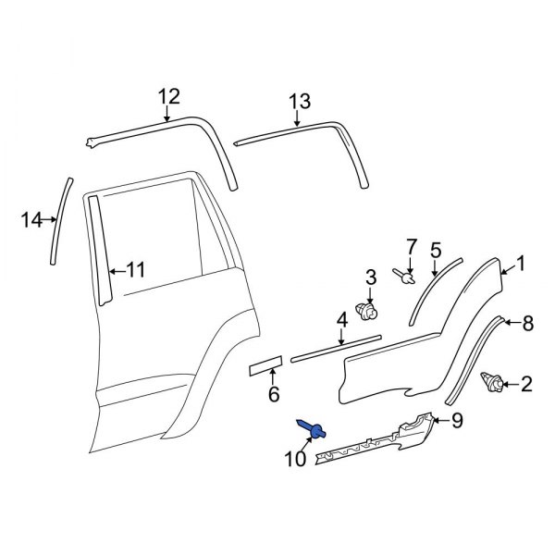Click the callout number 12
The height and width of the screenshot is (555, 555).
[x=167, y=95]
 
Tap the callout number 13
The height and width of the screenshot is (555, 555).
[x=300, y=102]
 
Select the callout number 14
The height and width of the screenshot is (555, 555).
[x=31, y=220]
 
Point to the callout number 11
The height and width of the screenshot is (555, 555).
[x=135, y=270]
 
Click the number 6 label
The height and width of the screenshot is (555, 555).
[x=273, y=395]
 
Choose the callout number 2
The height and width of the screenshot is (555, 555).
[x=526, y=384]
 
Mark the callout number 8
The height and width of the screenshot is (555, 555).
[x=527, y=324]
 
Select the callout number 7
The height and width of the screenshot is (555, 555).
[x=413, y=246]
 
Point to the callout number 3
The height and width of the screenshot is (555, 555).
[x=371, y=277]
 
